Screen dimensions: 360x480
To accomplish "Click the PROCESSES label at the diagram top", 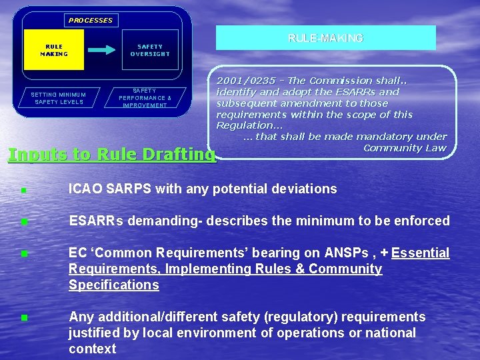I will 91,20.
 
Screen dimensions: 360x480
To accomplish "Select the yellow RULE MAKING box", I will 54,50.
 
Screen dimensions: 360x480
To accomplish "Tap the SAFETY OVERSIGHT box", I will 150,50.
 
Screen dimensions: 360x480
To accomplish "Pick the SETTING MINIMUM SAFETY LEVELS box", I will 59,98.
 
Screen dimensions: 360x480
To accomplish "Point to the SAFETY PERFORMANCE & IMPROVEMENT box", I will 145,98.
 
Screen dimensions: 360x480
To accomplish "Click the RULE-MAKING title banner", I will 325,39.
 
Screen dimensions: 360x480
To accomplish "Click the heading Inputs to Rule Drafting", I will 111,155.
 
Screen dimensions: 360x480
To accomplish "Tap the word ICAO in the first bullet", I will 86,189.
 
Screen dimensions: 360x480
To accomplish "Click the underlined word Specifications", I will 113,285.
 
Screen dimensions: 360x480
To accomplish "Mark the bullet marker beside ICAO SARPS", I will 23,190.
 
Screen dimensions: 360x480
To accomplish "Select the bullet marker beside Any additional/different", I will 23,318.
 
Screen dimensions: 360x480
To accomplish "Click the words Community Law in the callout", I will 404,147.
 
